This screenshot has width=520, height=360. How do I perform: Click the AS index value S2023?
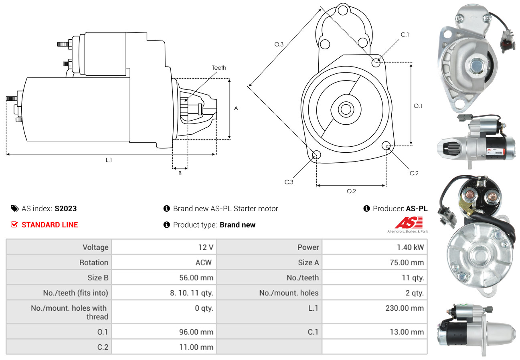coord(65,208)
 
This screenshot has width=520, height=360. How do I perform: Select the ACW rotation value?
coord(203,263)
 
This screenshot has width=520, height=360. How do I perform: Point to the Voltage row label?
coord(95,247)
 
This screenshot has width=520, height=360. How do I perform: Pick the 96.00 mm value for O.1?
coord(196,332)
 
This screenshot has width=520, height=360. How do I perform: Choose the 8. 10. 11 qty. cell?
coord(191,293)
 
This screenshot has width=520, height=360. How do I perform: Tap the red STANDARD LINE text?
coord(50,225)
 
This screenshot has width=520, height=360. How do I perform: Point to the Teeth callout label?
coord(219,68)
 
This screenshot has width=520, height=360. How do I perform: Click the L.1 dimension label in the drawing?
coord(109,160)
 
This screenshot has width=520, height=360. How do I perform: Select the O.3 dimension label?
coord(279,44)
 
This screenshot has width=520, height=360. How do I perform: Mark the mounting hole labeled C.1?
coord(376,63)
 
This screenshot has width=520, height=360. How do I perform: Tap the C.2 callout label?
coord(414,173)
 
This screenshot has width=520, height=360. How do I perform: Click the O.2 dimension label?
coord(351,191)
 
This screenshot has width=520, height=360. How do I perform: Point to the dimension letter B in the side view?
coord(180,174)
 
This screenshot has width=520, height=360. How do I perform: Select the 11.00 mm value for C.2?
coord(196,347)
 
